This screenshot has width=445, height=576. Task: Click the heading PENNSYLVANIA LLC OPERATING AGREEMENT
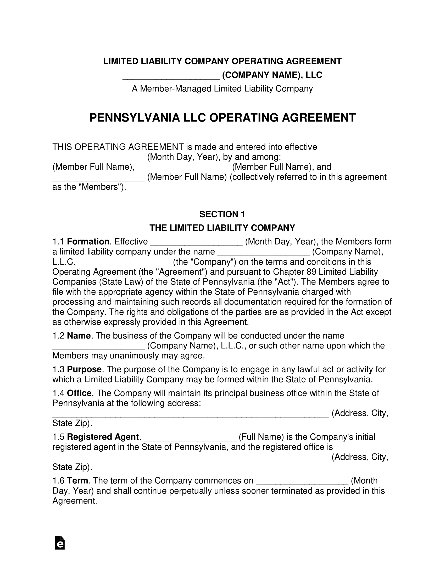[x=222, y=118]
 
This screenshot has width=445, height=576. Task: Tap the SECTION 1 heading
[x=222, y=214]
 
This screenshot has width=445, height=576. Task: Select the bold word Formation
[x=88, y=242]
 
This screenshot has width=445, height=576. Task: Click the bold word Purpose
[x=84, y=369]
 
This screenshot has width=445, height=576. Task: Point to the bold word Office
[x=79, y=393]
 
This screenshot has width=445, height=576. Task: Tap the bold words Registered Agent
[x=103, y=437]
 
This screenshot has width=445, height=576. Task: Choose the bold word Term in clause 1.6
[x=77, y=480]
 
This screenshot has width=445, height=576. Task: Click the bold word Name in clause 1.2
[x=79, y=336]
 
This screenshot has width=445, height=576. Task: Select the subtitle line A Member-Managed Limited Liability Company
[x=222, y=89]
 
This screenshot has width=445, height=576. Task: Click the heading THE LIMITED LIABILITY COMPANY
[x=222, y=228]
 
